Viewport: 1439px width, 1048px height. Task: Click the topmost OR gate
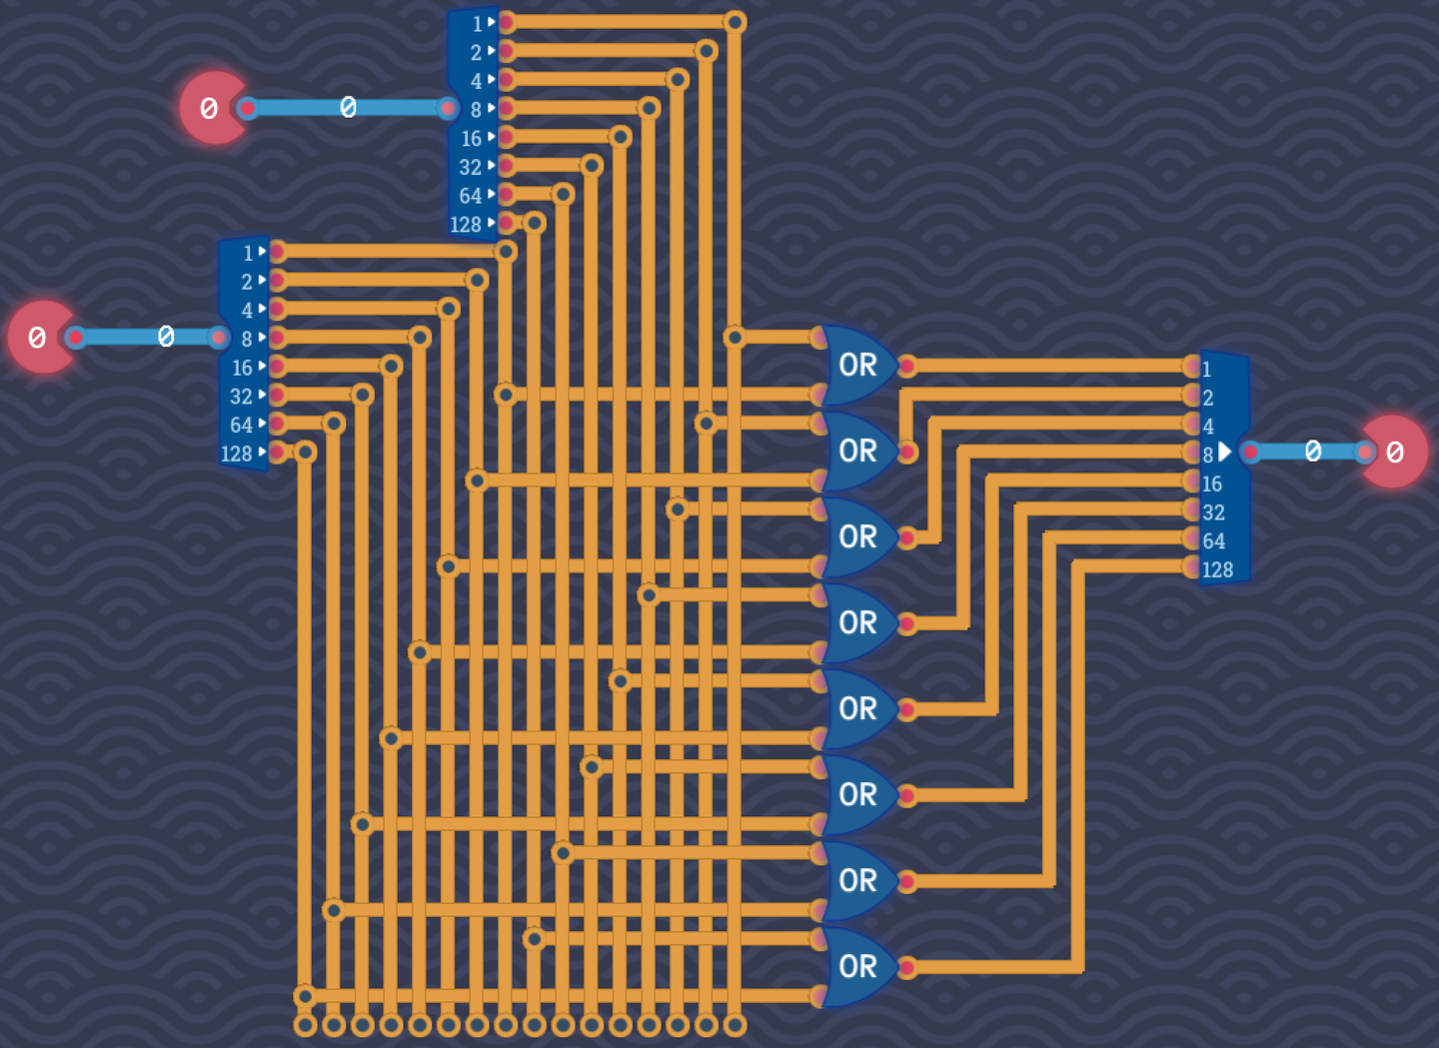click(857, 366)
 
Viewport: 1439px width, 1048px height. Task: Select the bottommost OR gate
click(857, 967)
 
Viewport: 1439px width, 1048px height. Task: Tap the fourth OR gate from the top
click(857, 623)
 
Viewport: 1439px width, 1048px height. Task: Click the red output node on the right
click(1393, 453)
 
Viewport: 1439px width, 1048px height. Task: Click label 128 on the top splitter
click(466, 225)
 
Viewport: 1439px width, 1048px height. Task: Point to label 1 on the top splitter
click(477, 23)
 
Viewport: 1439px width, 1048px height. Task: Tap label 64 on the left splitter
click(241, 426)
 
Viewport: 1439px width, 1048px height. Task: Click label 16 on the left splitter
click(242, 368)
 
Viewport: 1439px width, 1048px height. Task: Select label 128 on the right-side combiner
click(1217, 570)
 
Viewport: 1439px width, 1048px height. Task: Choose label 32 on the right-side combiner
click(1213, 513)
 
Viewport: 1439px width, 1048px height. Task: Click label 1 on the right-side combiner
click(1206, 369)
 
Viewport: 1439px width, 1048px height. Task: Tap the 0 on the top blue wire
click(348, 108)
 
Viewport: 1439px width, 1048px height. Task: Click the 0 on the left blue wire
click(166, 338)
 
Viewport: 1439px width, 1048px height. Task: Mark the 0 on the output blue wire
click(1313, 453)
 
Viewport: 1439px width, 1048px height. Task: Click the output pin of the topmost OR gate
click(906, 367)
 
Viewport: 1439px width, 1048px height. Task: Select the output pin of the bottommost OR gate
click(906, 967)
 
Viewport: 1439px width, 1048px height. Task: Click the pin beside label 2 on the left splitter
click(278, 281)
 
